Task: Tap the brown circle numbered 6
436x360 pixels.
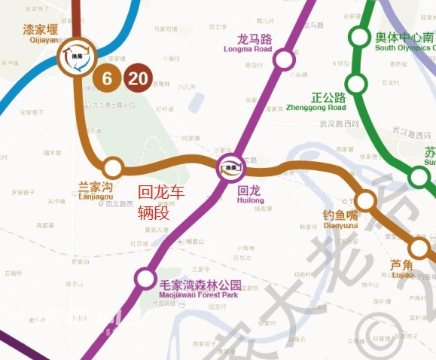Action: [x=107, y=77]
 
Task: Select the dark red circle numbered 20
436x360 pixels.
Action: [x=138, y=77]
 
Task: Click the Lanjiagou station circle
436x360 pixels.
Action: [x=113, y=166]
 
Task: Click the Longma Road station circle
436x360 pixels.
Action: [x=284, y=59]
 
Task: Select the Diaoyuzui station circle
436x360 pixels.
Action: [x=365, y=200]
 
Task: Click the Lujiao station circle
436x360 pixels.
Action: [x=419, y=248]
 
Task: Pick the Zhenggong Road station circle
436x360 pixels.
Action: [x=356, y=84]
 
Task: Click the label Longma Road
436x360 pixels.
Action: [x=248, y=44]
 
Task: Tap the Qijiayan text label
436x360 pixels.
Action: [x=41, y=33]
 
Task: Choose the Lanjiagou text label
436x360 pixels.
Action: [x=96, y=191]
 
